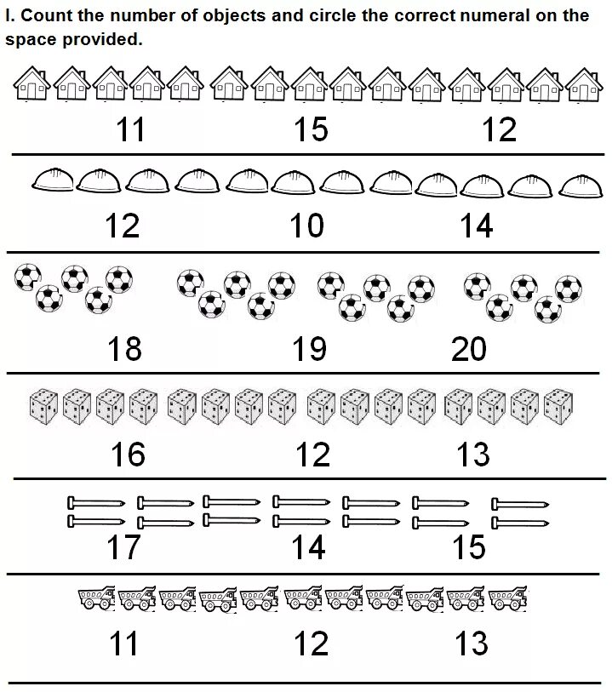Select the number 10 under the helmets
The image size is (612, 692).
pyautogui.click(x=306, y=226)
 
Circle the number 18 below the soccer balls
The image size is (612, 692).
pyautogui.click(x=125, y=348)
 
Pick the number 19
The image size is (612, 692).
pyautogui.click(x=309, y=348)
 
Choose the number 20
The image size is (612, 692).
pyautogui.click(x=469, y=348)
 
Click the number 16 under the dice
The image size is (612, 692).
pyautogui.click(x=128, y=455)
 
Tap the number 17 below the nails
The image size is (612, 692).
pyautogui.click(x=123, y=547)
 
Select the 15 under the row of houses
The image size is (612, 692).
pyautogui.click(x=311, y=129)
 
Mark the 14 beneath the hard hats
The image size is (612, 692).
pyautogui.click(x=476, y=226)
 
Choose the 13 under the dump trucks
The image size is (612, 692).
pyautogui.click(x=471, y=643)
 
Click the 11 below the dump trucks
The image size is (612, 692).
pyautogui.click(x=123, y=643)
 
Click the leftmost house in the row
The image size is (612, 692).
pyautogui.click(x=31, y=84)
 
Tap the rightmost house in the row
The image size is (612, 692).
pyautogui.click(x=583, y=84)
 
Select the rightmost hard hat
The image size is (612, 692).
pyautogui.click(x=580, y=182)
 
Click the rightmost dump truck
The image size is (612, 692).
pyautogui.click(x=507, y=598)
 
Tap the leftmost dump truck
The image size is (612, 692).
pyautogui.click(x=96, y=598)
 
